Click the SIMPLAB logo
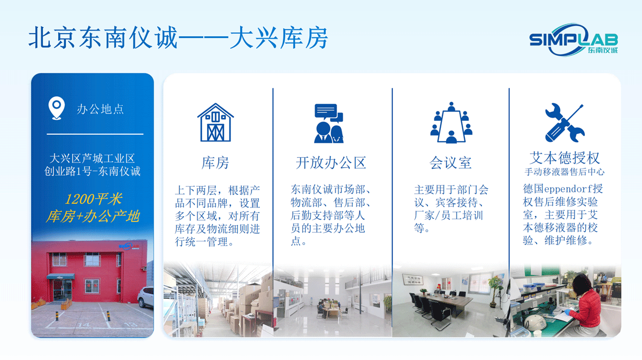(x=573, y=40)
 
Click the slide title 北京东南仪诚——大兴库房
(x=178, y=38)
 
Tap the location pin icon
(x=56, y=108)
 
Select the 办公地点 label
(x=100, y=109)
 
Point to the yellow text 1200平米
(x=93, y=200)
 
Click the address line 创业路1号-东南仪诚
(x=93, y=172)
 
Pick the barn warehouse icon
(x=216, y=122)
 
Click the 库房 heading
(x=216, y=163)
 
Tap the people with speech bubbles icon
(x=328, y=123)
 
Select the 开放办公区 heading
(x=331, y=163)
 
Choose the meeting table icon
(x=451, y=122)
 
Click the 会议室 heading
(x=450, y=163)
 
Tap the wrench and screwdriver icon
(x=564, y=122)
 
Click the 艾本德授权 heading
(x=564, y=157)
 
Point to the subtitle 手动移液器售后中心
(x=564, y=172)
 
